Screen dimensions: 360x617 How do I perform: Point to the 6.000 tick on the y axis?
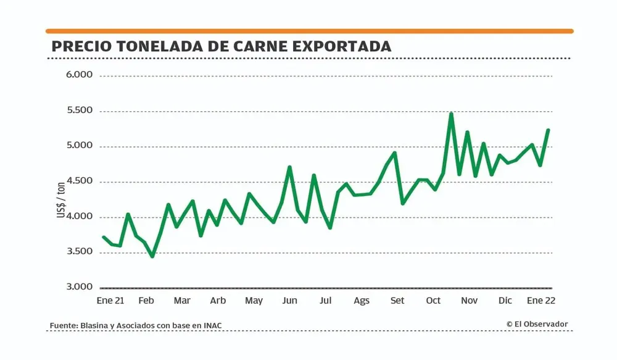(78, 75)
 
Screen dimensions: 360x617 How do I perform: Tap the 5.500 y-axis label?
(78, 111)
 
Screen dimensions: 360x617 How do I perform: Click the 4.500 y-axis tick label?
(78, 181)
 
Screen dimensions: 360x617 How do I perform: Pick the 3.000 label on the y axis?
(78, 287)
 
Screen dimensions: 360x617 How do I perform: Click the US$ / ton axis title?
(60, 199)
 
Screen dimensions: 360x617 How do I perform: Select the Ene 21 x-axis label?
(110, 301)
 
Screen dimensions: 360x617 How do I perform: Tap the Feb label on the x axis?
(146, 301)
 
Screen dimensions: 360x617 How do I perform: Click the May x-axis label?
(254, 301)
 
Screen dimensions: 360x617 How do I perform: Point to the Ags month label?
(362, 301)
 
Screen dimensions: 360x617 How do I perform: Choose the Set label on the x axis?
(397, 301)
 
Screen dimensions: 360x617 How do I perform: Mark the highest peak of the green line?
(451, 114)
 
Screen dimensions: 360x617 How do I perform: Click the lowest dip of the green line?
(152, 256)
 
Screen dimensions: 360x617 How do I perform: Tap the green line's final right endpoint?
(548, 130)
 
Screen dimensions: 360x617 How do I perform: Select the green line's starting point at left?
(103, 237)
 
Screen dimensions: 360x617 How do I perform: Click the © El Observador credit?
(537, 324)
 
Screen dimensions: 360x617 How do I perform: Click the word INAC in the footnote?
(212, 325)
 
